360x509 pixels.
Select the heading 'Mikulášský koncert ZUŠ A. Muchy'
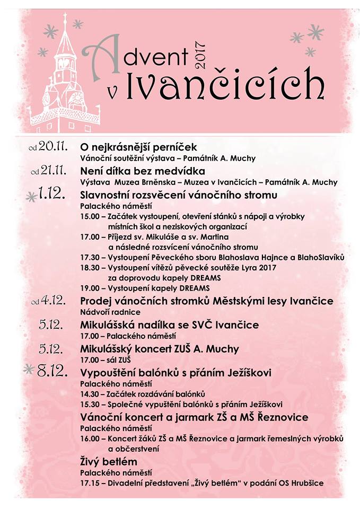[159, 349]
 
